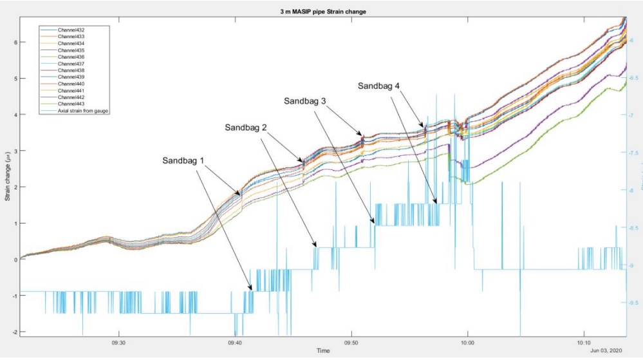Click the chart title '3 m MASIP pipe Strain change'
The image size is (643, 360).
coord(322,11)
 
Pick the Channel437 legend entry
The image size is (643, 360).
coord(71,64)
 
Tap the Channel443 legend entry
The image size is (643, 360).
coord(71,104)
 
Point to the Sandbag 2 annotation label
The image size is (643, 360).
coord(247,128)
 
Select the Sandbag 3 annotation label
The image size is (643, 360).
coord(306,101)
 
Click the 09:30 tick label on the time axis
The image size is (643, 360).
coord(118,342)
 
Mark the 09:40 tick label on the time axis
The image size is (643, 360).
coord(235,342)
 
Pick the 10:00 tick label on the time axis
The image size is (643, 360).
coord(467,342)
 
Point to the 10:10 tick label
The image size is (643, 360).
coord(584,342)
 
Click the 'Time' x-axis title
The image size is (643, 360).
coord(322,350)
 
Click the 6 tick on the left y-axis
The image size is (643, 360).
coord(14,42)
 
